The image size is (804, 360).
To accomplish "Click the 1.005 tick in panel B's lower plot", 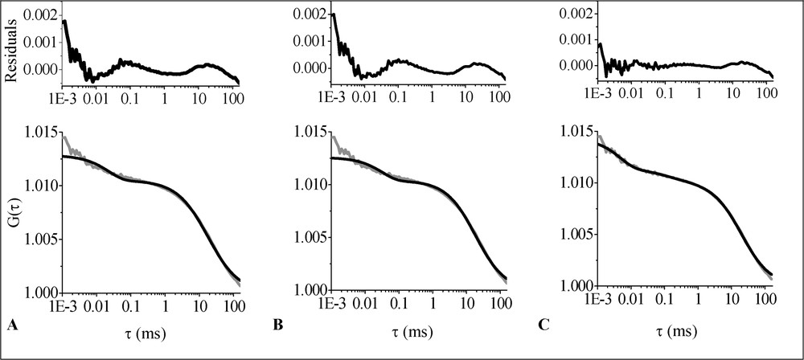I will point(306,239).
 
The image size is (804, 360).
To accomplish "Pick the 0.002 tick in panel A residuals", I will point(40,15).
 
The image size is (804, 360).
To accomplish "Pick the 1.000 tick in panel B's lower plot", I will point(306,291).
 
